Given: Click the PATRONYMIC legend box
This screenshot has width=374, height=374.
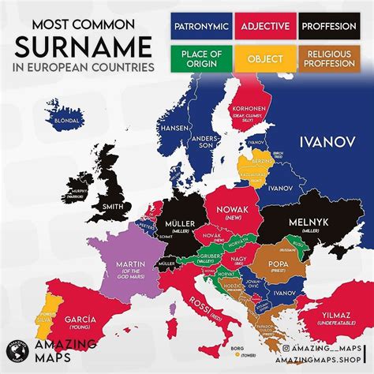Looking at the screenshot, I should pos(200,26).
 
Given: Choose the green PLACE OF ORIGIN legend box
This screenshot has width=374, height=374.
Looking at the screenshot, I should pos(200,58).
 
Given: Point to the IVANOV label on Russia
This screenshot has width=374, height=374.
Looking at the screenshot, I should pos(324,142).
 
